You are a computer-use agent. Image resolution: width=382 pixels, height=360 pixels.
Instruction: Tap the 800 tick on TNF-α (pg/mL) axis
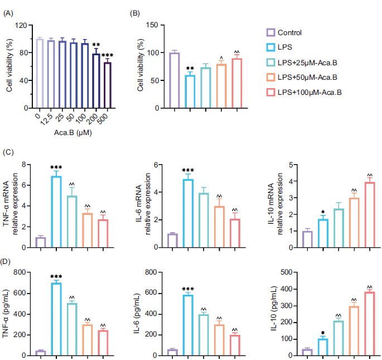[x=18, y=272]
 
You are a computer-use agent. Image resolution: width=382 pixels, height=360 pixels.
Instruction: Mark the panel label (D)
[x=8, y=261]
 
